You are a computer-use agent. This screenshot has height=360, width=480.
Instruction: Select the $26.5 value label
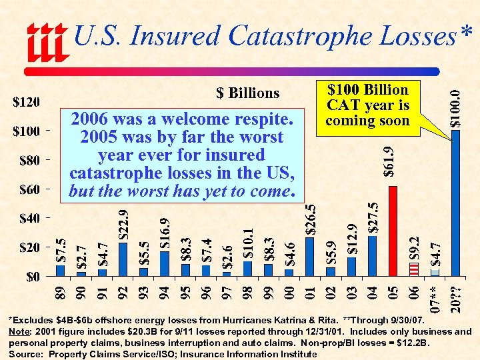click(310, 219)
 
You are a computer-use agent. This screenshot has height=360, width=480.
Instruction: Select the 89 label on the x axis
click(61, 291)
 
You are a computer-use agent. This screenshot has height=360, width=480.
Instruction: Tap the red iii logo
click(47, 41)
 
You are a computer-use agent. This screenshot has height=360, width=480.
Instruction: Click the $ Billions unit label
click(248, 93)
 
